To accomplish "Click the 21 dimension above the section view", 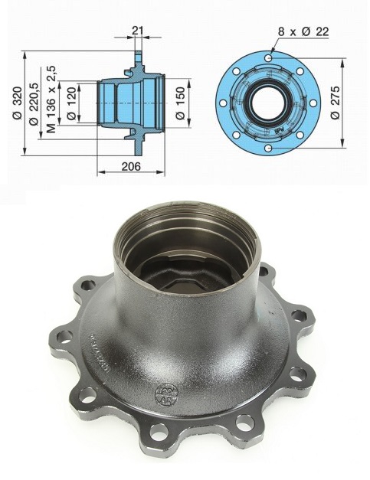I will tap(137, 30).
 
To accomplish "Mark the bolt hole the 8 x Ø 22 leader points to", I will tap(270, 57).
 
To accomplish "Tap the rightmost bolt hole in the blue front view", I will tap(312, 99).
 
